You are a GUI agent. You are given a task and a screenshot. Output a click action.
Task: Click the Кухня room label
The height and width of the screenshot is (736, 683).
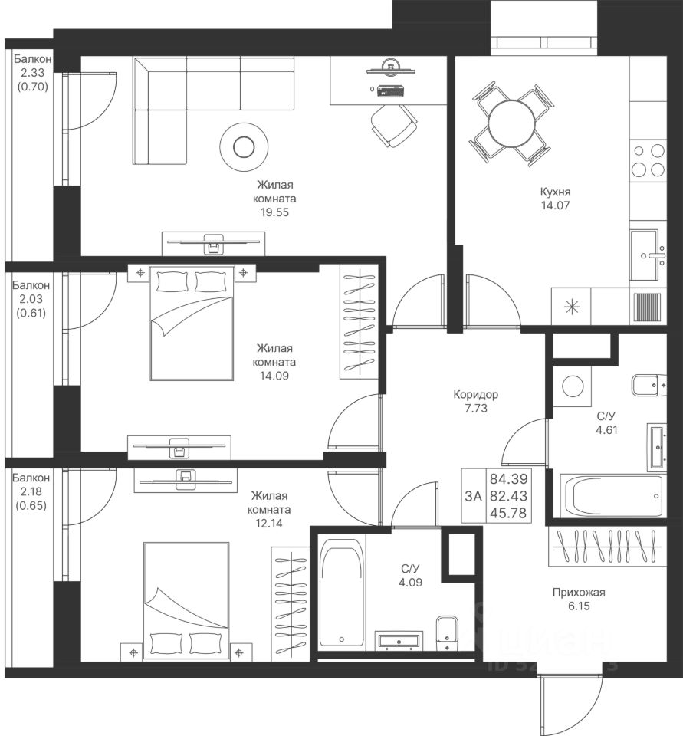555,192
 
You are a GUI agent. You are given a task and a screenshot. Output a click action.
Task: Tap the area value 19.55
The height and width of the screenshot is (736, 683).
275,212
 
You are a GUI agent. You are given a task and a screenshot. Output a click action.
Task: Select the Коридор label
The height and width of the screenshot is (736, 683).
476,394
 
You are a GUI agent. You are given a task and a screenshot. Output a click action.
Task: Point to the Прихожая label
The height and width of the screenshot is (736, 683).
579,593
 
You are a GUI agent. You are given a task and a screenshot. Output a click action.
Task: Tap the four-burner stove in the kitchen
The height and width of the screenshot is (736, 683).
649,159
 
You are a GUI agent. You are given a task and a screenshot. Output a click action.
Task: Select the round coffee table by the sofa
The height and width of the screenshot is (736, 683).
244,147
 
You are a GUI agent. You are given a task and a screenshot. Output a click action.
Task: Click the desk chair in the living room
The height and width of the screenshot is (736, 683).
394,125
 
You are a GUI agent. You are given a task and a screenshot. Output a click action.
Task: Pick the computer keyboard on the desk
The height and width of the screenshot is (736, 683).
390,90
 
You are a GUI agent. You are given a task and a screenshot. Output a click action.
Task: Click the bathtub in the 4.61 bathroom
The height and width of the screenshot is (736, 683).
612,496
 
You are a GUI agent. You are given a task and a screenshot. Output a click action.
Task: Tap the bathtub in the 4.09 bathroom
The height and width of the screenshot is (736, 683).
341,593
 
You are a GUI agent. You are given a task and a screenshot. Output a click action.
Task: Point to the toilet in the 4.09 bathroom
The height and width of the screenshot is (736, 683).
446,632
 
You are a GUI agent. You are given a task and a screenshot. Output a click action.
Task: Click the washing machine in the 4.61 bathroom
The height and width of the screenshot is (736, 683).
572,386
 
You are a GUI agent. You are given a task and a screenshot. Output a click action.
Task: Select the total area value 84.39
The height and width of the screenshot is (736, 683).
509,479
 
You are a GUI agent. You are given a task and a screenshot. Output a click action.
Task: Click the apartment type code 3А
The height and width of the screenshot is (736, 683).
474,496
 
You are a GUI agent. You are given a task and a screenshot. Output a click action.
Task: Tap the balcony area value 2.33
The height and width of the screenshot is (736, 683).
32,72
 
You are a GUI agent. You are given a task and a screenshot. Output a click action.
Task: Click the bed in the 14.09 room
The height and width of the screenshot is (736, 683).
192,323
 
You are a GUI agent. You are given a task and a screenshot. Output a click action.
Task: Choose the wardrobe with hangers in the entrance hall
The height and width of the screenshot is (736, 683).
607,547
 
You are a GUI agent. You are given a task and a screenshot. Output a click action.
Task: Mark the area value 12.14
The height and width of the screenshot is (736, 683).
269,523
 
